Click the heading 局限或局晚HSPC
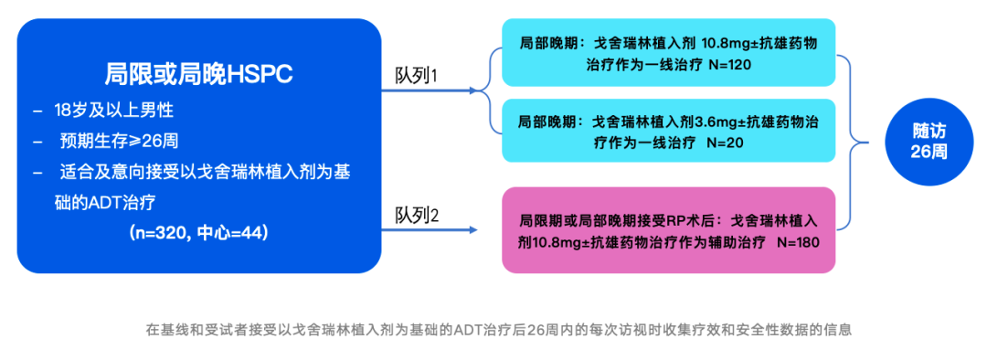point(198,74)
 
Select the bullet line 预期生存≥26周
point(119,142)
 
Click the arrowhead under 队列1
point(476,90)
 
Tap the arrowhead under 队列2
point(476,228)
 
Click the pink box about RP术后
point(668,230)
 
